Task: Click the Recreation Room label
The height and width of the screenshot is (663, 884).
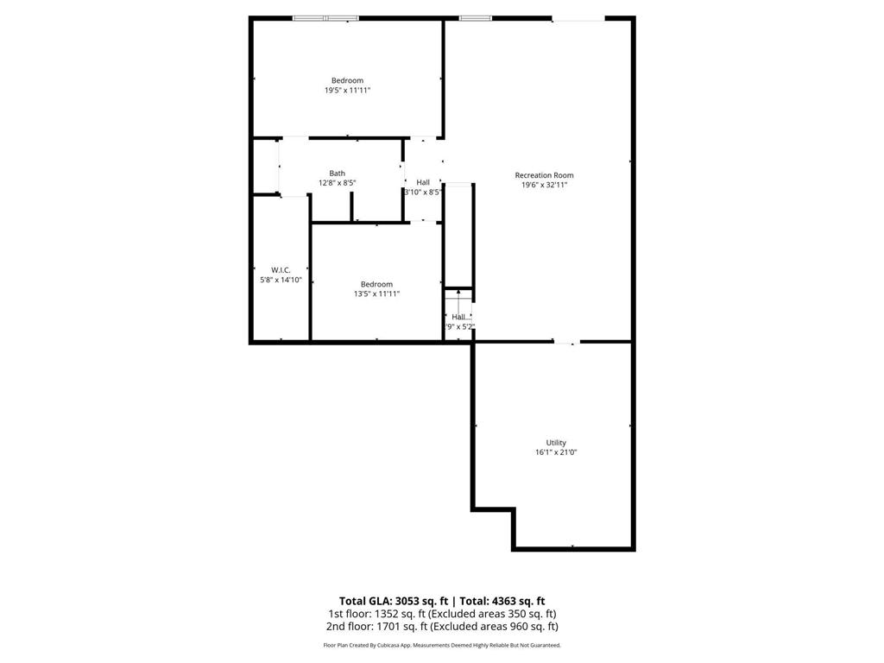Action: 544,175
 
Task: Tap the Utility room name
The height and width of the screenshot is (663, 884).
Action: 556,443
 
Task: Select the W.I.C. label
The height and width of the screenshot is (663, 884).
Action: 281,270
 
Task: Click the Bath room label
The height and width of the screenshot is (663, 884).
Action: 337,174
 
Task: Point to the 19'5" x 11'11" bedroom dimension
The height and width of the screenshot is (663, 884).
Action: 347,90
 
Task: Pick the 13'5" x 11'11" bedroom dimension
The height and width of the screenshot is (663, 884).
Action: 376,294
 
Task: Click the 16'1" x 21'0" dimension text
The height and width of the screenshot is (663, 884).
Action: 556,452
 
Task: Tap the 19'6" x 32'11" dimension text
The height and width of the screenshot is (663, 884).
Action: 544,185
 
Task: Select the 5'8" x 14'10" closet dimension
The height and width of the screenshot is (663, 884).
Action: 281,280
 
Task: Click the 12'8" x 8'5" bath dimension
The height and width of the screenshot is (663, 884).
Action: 337,183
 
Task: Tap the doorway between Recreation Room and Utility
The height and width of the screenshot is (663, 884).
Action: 566,343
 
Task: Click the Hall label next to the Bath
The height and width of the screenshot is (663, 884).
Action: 423,182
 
